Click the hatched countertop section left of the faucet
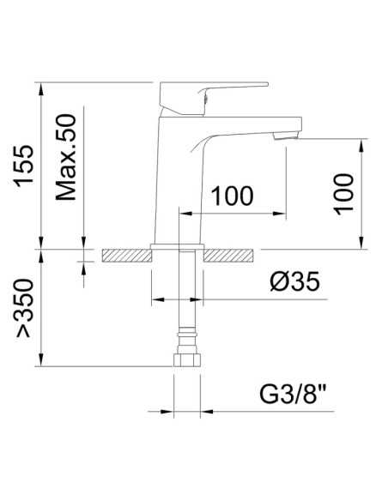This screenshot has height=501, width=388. (125, 255)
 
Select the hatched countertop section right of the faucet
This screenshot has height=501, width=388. (229, 255)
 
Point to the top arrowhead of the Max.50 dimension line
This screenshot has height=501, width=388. (83, 88)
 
